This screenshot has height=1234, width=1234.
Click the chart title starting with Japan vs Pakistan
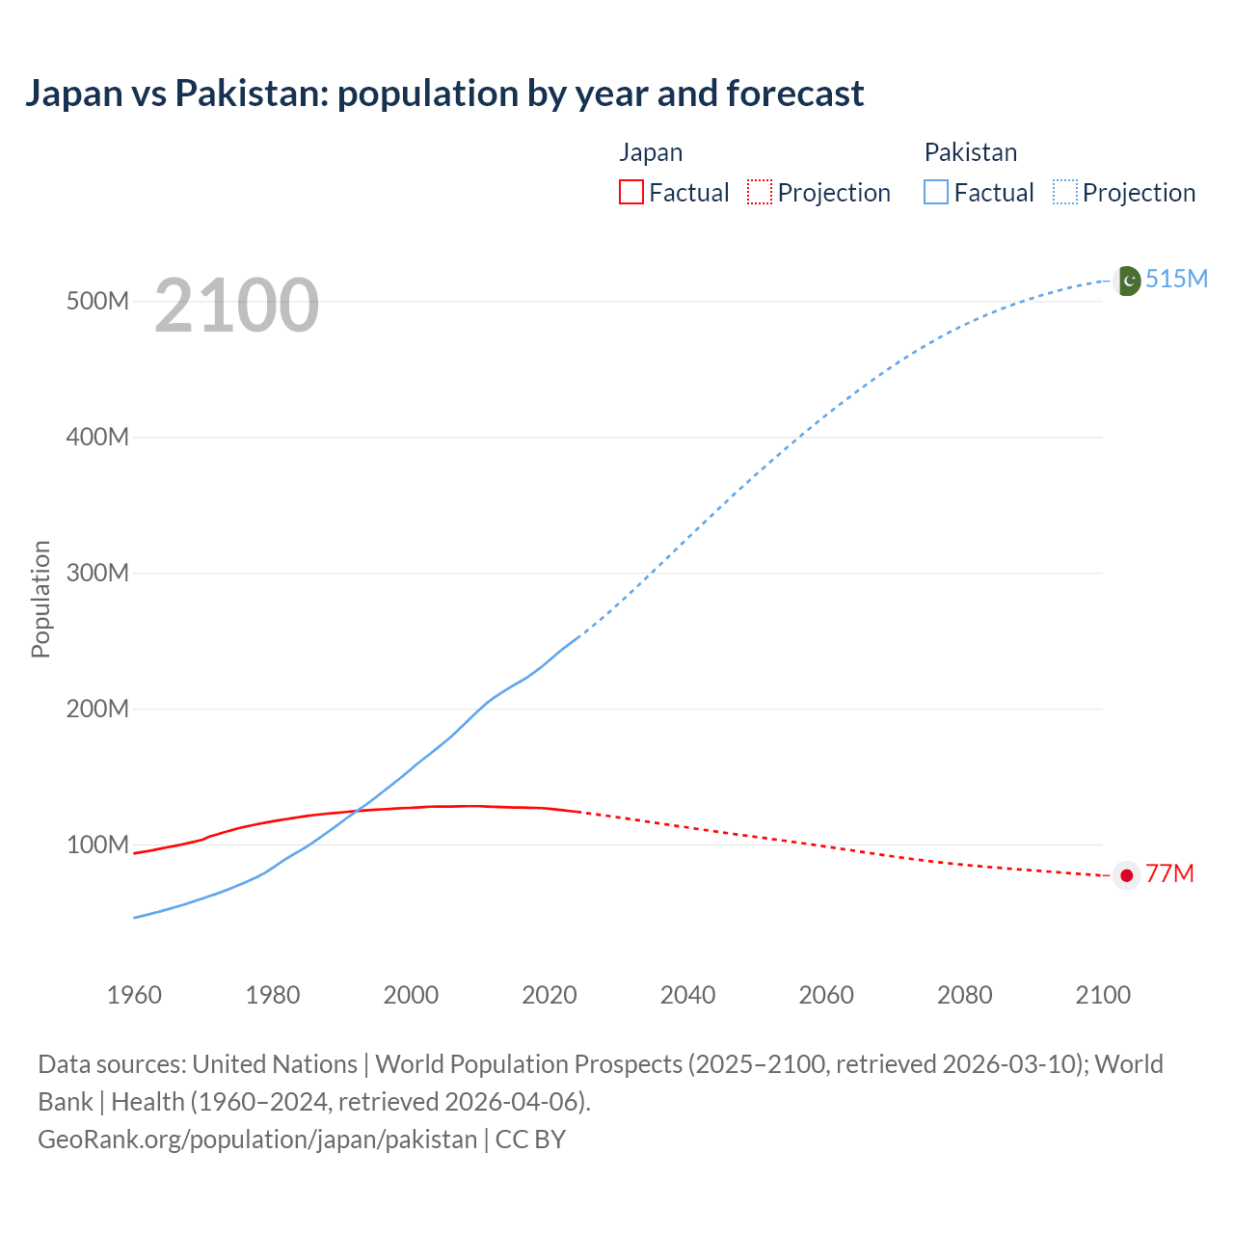click(444, 94)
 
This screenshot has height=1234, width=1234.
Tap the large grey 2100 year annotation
click(236, 306)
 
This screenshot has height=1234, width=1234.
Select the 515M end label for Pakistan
click(1176, 279)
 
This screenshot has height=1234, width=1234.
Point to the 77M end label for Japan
click(1169, 873)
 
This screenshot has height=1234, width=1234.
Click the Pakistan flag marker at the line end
click(1127, 281)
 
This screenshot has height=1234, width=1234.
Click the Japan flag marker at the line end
click(1127, 875)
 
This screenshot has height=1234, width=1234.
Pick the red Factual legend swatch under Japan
click(630, 192)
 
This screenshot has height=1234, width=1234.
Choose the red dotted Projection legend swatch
click(760, 192)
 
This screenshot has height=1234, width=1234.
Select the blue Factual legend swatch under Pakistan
click(936, 192)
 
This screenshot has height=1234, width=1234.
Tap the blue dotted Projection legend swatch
click(1065, 192)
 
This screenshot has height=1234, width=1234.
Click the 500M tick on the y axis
click(97, 301)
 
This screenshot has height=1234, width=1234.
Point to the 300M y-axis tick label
click(97, 573)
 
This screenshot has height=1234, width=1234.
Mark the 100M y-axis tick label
click(97, 845)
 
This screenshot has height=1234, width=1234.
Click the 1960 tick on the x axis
click(135, 995)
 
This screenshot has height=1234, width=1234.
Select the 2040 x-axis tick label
click(687, 995)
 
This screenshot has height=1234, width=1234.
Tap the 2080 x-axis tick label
click(964, 995)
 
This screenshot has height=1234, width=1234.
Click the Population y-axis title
click(40, 599)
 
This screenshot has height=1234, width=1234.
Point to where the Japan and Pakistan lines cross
click(354, 812)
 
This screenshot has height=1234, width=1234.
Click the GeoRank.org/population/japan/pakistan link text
click(257, 1140)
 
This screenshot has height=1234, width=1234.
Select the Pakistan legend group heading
click(971, 152)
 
